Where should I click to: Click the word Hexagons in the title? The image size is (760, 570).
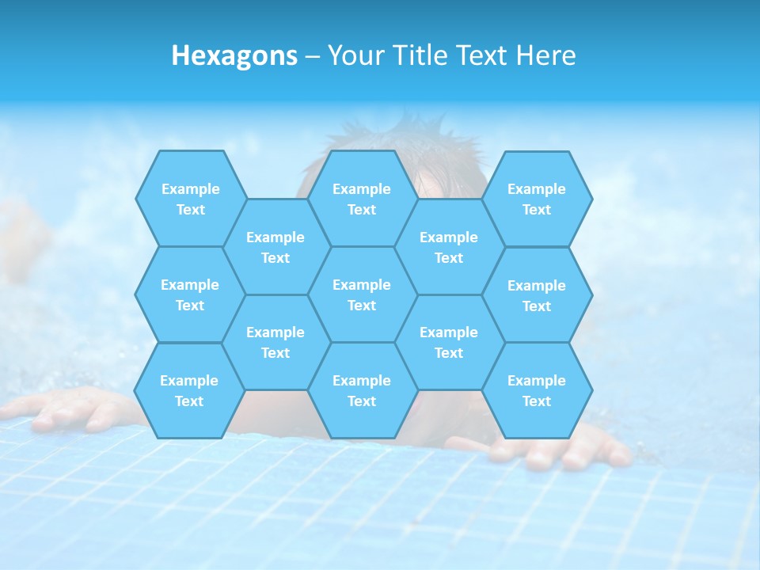point(234,55)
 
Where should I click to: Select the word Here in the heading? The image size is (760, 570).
point(545,55)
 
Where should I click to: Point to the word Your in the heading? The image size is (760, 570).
point(355,55)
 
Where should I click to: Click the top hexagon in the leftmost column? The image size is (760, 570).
point(190,199)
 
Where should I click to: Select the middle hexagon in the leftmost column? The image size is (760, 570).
point(190,294)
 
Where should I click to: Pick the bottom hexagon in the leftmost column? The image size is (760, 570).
point(189,390)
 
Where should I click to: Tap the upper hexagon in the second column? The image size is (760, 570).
point(275,247)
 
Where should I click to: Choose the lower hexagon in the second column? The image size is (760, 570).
point(275,342)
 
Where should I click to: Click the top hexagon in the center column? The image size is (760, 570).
point(362,199)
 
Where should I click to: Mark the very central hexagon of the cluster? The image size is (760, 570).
point(362,294)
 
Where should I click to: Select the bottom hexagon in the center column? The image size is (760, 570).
point(362,390)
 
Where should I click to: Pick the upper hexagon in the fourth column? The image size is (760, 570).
point(449,247)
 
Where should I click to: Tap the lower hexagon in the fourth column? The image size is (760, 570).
point(449,342)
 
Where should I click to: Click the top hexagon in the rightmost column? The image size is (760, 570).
point(537,199)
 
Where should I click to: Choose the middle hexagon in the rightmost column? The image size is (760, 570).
point(537,295)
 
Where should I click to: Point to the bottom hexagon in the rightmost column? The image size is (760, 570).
point(537,390)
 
